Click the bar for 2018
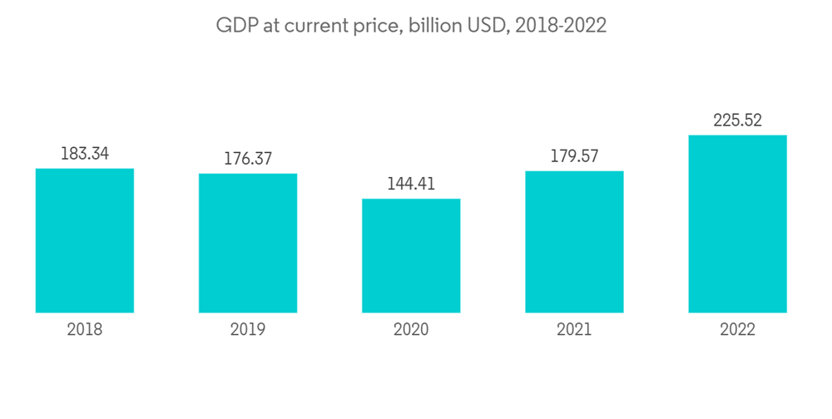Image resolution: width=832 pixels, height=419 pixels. [x=85, y=240]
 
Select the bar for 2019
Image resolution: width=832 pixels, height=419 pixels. [x=248, y=243]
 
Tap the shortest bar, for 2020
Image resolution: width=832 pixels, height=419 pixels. [x=411, y=255]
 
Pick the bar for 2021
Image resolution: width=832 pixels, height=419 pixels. [x=574, y=242]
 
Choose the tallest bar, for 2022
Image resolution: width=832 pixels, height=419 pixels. [x=737, y=224]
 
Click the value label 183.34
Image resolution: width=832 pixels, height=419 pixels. [x=85, y=154]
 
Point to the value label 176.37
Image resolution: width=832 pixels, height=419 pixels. [x=248, y=159]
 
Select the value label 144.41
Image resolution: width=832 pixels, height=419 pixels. [x=411, y=184]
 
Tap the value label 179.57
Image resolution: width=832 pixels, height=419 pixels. [x=574, y=156]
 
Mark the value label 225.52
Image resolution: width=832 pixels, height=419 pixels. [x=737, y=121]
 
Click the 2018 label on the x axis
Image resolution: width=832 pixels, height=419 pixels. [x=85, y=330]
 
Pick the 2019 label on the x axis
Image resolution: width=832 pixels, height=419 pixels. [x=248, y=330]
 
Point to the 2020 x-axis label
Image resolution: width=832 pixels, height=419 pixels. [x=411, y=330]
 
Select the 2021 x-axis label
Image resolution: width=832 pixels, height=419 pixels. [x=574, y=330]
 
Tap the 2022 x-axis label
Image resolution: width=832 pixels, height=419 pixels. [x=737, y=330]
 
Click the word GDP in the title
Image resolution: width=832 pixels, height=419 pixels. [x=234, y=26]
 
